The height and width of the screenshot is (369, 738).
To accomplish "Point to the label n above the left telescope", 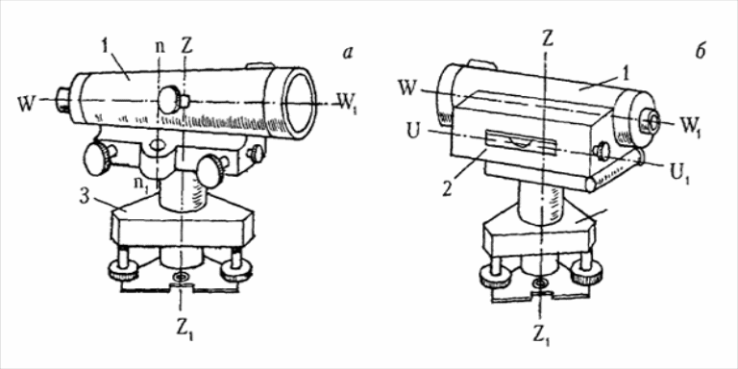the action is tap(160, 48).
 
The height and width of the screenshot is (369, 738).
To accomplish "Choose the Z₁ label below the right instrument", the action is tap(542, 333).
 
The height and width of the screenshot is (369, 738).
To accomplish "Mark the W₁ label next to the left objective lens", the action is tap(346, 102).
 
